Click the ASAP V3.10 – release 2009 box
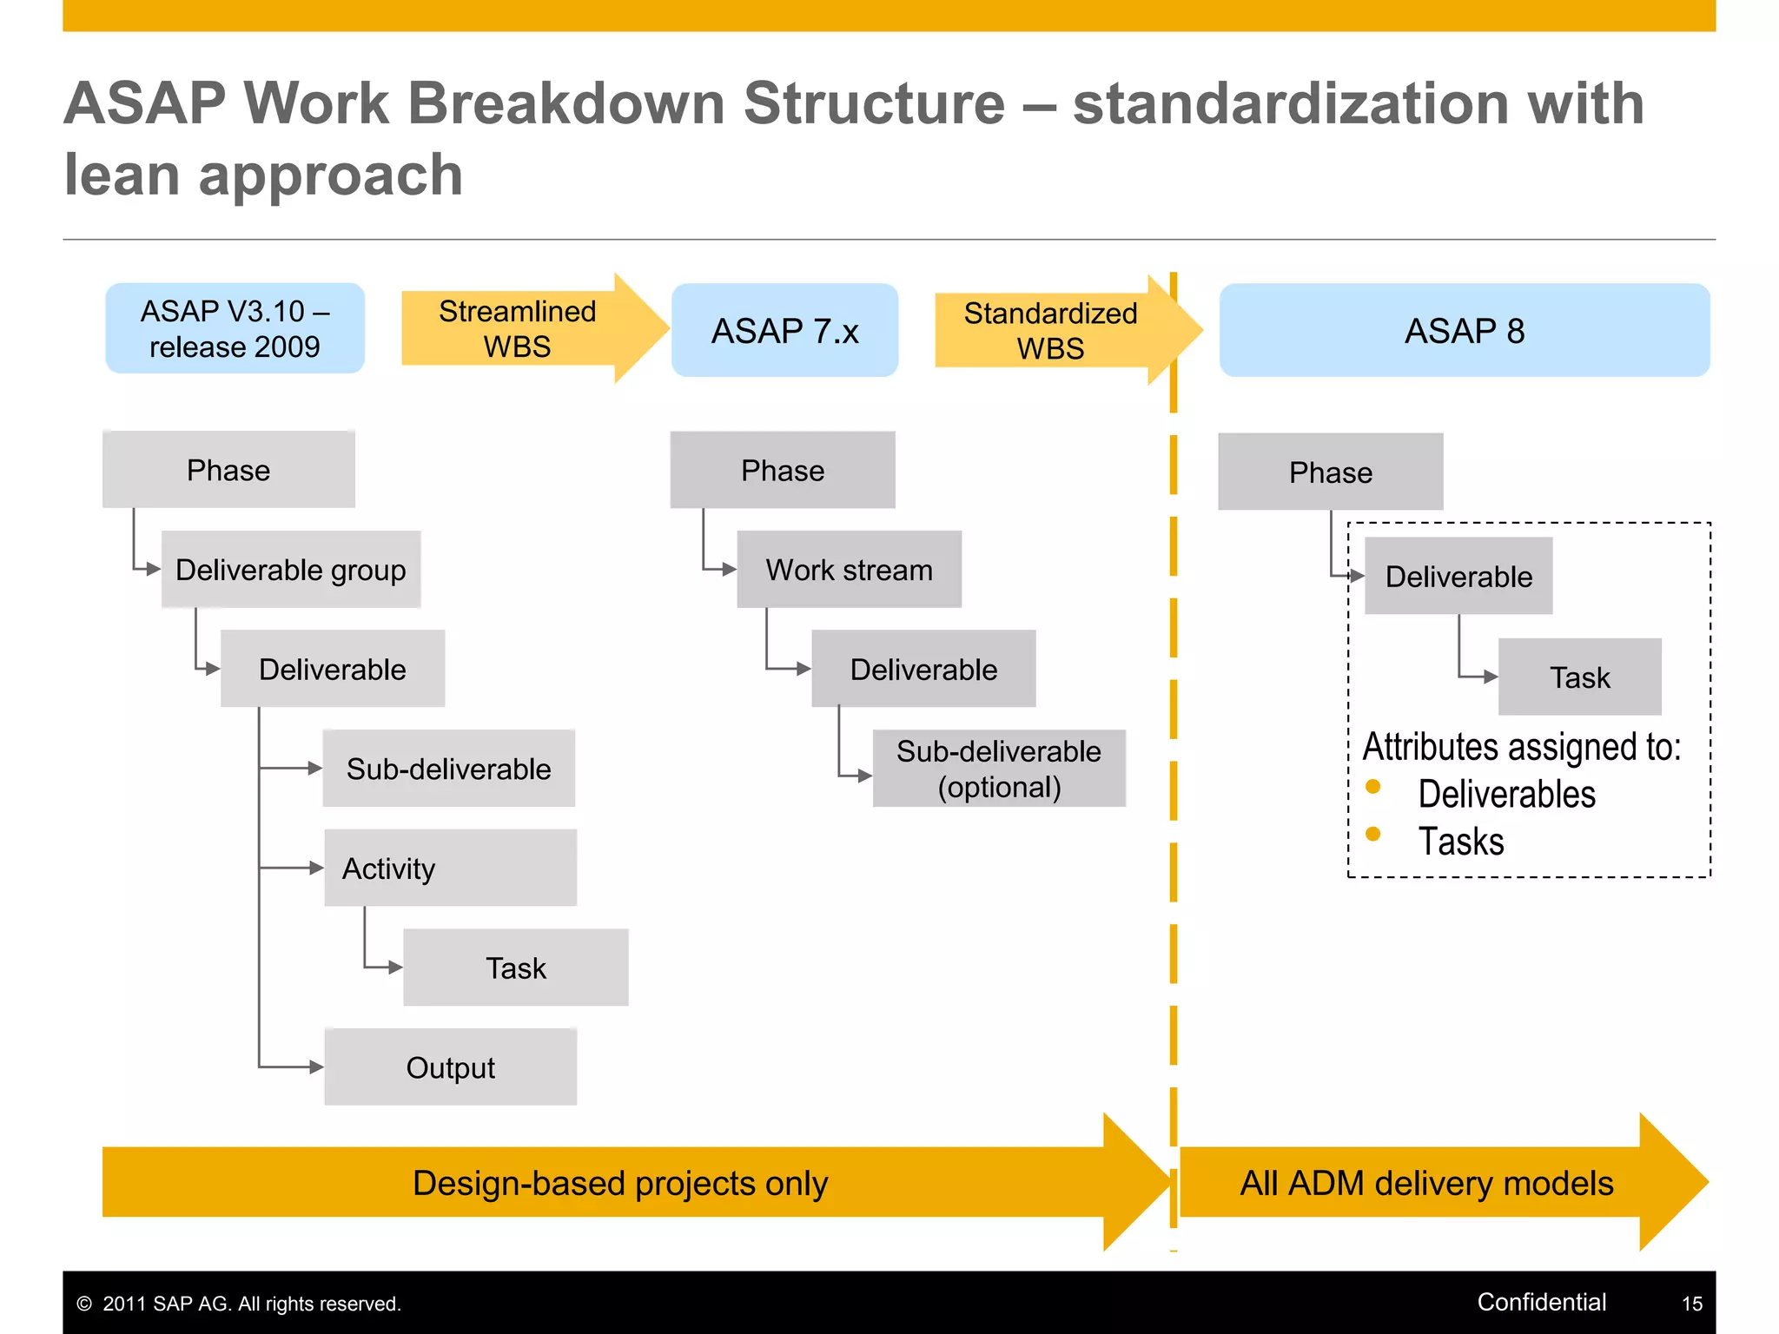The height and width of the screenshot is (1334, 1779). coord(235,328)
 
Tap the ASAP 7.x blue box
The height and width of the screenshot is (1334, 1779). coord(784,331)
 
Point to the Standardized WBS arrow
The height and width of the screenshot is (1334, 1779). coord(1051,331)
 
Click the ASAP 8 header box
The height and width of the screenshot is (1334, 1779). coord(1465,331)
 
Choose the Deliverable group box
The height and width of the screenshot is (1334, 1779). coord(291,570)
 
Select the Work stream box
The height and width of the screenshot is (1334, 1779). coord(849,570)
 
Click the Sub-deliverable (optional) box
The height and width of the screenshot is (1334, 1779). coord(999,769)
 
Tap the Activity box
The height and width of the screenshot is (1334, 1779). coord(450,868)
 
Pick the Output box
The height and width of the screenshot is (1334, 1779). coord(450,1067)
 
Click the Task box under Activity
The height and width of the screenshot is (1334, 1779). coord(515,967)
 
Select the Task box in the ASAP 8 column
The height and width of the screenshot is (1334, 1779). coord(1579,677)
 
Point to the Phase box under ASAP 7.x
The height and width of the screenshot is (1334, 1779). coord(783,471)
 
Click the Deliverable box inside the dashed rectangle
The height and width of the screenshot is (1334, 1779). coord(1458,577)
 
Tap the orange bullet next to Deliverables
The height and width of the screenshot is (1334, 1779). coord(1373,787)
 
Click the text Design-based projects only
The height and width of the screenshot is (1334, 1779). coord(620,1183)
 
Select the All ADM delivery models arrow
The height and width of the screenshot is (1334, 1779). coord(1426,1183)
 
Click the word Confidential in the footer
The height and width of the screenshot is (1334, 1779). coord(1541,1302)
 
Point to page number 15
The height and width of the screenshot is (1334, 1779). coord(1691,1304)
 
